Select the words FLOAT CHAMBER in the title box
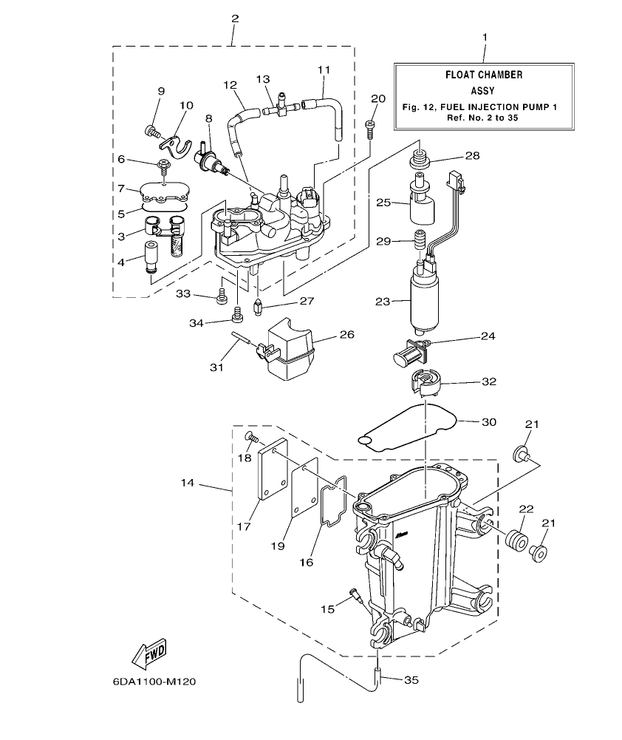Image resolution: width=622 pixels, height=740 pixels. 484,75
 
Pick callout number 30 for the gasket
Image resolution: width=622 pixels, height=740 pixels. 488,421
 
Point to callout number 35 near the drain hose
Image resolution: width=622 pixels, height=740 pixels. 411,679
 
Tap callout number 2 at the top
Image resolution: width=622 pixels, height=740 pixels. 234,17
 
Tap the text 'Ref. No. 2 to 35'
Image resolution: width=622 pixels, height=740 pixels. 484,118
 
